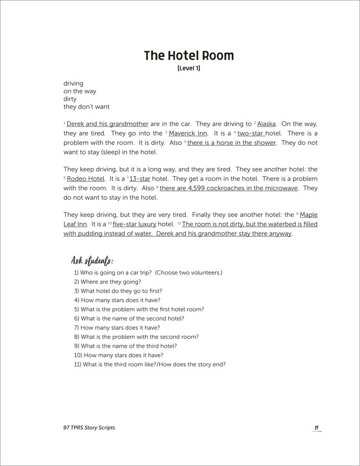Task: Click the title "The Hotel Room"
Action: [x=189, y=56]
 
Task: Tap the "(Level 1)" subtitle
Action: [x=189, y=69]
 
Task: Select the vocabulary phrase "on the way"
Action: [x=80, y=91]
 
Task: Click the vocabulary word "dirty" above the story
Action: [x=70, y=99]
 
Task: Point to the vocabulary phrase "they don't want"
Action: [x=86, y=107]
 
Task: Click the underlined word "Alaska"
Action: [x=266, y=124]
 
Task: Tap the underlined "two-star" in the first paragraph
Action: [x=251, y=133]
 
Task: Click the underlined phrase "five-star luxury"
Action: [x=135, y=224]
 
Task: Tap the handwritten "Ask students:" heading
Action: [x=92, y=260]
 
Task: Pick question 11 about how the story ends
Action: [x=149, y=364]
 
